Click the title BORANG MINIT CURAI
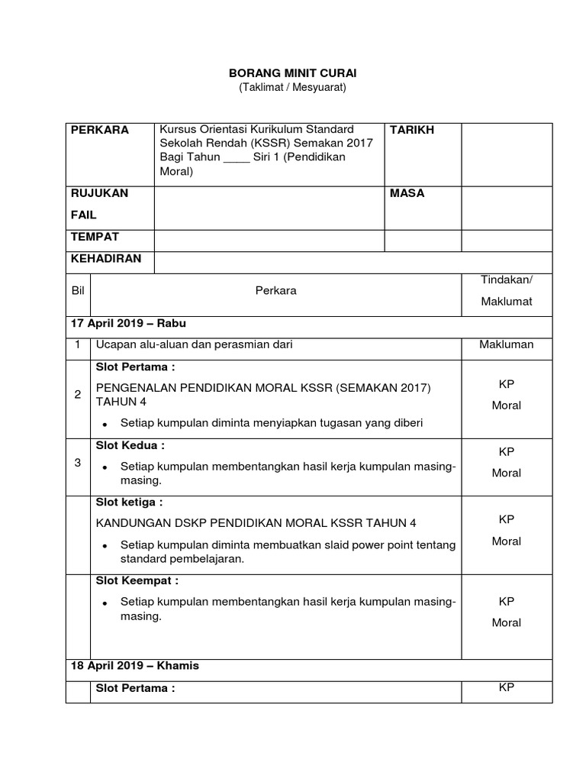coord(293,73)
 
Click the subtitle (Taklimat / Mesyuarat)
coord(293,88)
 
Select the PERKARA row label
coord(100,130)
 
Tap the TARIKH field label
coord(412,130)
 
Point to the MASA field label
coord(407,193)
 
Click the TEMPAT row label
coord(95,237)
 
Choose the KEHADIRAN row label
coord(106,258)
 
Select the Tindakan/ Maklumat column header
coord(507,290)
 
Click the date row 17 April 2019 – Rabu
coord(128,323)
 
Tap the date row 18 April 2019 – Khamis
coord(134,665)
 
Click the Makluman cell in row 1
coord(507,344)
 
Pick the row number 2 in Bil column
coord(77,394)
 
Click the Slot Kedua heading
coord(130,445)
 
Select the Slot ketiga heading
coord(129,502)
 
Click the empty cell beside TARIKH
coord(507,153)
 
